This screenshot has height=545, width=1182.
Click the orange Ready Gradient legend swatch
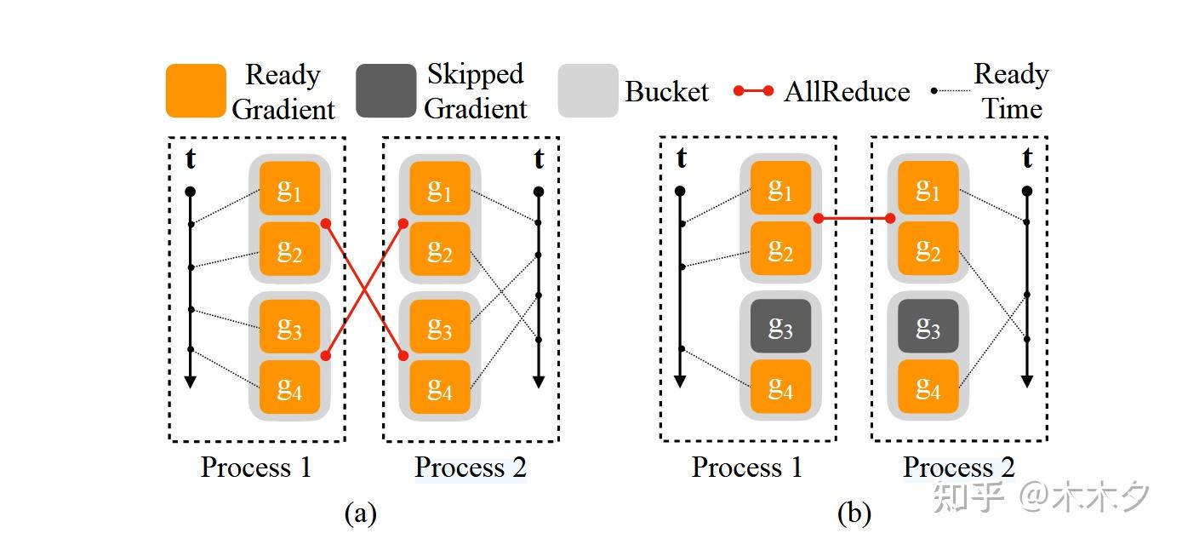click(x=196, y=90)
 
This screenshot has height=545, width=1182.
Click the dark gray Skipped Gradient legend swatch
click(x=385, y=90)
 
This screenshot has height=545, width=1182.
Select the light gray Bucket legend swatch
click(x=588, y=90)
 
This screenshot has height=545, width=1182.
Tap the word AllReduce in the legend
click(x=847, y=91)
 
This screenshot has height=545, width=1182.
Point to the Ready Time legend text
click(x=1011, y=91)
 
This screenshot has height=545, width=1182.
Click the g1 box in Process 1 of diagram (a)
click(x=289, y=188)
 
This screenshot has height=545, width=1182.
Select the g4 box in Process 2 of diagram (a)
click(x=439, y=387)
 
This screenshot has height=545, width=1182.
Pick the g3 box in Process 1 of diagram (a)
click(x=289, y=326)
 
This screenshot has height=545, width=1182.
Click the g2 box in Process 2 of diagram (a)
click(x=439, y=249)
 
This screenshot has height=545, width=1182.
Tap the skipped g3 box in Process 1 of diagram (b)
click(x=780, y=326)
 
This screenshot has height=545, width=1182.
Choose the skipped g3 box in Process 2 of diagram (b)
click(x=928, y=326)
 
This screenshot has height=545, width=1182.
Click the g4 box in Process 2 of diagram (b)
click(x=928, y=387)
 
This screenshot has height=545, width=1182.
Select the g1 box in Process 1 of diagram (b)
click(x=780, y=188)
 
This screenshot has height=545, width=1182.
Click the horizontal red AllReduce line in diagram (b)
click(x=854, y=219)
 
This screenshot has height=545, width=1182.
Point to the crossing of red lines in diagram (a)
click(x=364, y=290)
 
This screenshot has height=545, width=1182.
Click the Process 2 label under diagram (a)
click(x=471, y=468)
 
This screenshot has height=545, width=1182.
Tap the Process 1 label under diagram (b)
click(x=746, y=468)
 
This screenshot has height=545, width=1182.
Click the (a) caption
click(x=360, y=513)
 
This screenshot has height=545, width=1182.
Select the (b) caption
click(x=854, y=513)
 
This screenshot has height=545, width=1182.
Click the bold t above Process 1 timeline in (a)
click(x=191, y=159)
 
